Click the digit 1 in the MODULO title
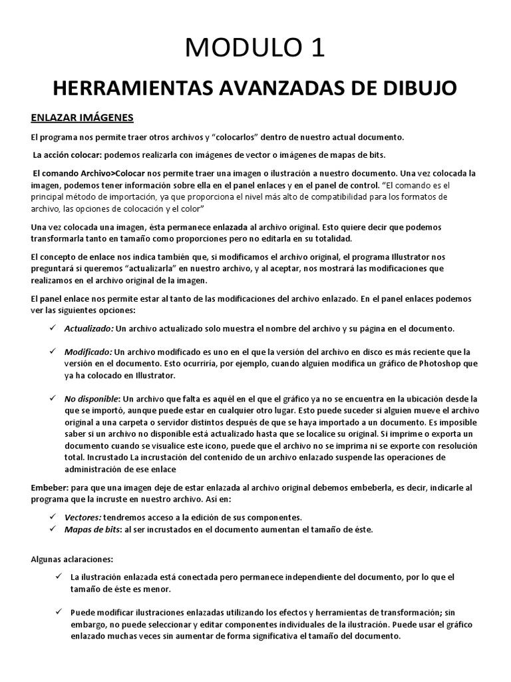315,48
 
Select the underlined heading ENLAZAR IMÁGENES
83,118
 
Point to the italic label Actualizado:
89,329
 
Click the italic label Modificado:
88,352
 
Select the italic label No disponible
90,398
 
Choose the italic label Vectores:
83,517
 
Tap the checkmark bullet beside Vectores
53,517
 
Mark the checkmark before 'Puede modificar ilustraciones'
58,611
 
